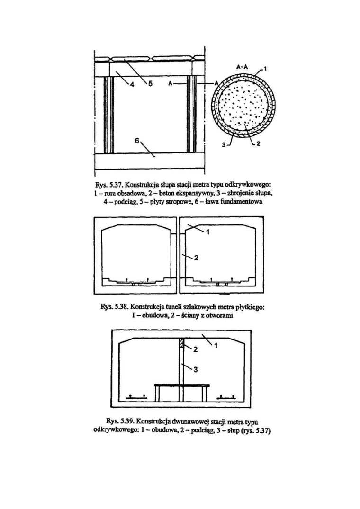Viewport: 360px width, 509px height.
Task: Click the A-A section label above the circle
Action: point(242,67)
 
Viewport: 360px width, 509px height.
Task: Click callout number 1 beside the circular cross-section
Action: point(265,69)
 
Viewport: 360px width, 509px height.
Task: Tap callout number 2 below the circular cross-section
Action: point(258,143)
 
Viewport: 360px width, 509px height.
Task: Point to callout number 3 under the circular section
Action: point(224,145)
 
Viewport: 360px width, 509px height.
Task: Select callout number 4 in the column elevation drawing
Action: point(132,85)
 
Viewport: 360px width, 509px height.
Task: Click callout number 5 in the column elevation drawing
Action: point(150,84)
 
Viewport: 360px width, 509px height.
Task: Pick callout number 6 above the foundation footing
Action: point(137,141)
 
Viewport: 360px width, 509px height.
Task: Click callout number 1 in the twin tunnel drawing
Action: point(208,232)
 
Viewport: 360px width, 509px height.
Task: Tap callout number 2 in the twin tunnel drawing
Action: point(196,259)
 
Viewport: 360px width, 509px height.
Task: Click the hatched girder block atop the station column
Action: point(182,343)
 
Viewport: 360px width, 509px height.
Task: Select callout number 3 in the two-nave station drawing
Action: point(196,369)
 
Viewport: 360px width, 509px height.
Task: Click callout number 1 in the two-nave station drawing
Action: point(216,346)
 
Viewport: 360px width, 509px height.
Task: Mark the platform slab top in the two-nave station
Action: point(182,385)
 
